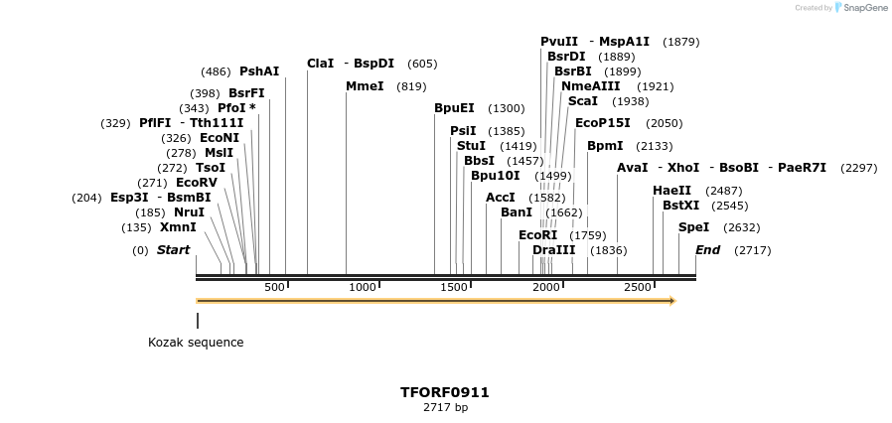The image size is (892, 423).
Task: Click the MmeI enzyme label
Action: pos(365,86)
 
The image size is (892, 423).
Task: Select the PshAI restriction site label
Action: pos(259,71)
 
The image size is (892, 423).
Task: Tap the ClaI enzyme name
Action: pos(320,64)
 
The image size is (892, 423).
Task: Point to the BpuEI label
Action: pos(454,108)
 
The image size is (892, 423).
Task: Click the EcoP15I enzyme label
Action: pos(602,123)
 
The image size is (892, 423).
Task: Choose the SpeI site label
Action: pos(693,227)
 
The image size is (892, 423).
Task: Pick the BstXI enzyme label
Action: pos(680,206)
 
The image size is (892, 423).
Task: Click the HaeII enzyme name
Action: pos(671,191)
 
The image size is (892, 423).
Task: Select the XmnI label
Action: pos(178,227)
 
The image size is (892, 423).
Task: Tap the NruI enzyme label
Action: pos(189,212)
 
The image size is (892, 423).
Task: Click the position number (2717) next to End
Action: pos(752,250)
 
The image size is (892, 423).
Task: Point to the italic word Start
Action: pos(173,250)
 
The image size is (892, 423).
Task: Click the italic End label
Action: pos(707,250)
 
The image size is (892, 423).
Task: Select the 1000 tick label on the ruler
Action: pos(363,287)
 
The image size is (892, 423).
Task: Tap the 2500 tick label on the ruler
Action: pos(637,287)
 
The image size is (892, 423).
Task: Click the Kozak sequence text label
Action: pos(196,343)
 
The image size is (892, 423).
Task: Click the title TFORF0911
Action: pos(445,392)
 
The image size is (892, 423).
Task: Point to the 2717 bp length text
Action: pos(445,407)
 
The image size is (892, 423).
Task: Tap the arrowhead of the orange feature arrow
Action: pos(672,300)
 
